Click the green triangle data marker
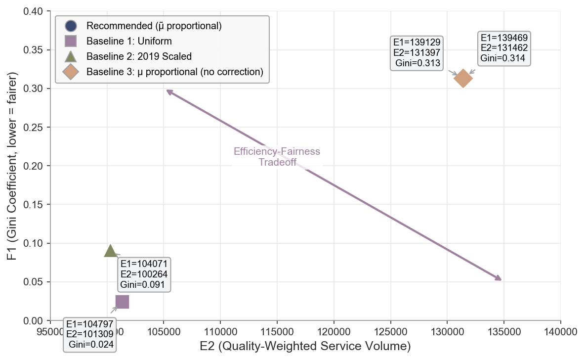pos(110,251)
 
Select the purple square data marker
pos(122,302)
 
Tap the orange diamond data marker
pos(463,78)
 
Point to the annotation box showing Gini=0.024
pos(90,334)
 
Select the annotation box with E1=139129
pos(417,52)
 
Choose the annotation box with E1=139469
pos(504,48)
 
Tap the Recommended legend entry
pos(154,25)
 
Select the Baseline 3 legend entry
pos(174,72)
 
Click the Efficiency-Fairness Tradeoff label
pos(277,157)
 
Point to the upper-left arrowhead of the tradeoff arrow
pos(167,91)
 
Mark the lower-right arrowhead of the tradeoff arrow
pos(500,279)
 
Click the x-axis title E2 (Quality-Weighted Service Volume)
pos(305,346)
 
